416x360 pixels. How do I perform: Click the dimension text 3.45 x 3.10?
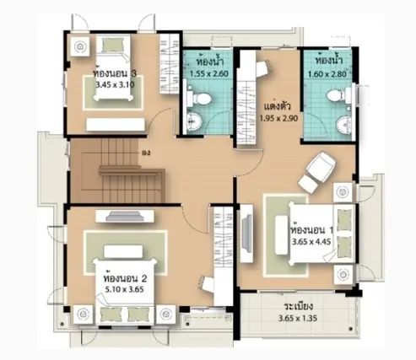click(115, 84)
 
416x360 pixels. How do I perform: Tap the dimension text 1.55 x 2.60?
click(208, 74)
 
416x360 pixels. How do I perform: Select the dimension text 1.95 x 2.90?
click(278, 118)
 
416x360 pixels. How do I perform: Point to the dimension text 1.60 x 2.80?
click(327, 74)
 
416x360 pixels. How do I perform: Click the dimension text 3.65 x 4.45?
click(311, 242)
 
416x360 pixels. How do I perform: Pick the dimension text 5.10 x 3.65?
click(125, 289)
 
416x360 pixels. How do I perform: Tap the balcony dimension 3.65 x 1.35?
click(298, 318)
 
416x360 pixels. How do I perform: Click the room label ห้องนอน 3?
click(116, 73)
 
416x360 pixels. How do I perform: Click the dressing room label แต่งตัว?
click(278, 106)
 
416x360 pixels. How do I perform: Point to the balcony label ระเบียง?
click(299, 306)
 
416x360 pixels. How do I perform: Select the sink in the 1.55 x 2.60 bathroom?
click(195, 121)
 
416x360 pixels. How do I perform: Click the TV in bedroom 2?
click(125, 216)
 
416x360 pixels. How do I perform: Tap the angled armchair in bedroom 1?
click(321, 166)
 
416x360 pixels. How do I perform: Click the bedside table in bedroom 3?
click(80, 46)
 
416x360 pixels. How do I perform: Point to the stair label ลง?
click(146, 153)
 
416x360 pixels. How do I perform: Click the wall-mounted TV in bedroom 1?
click(247, 234)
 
